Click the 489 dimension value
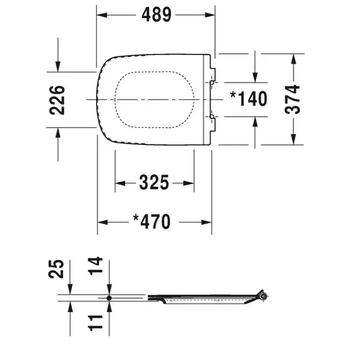156,15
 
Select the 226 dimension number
57,100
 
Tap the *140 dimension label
249,99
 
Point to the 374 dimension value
292,99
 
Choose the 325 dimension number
154,183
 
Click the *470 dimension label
152,222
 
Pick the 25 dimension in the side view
56,269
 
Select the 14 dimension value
95,266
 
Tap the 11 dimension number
95,323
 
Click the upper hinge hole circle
212,83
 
